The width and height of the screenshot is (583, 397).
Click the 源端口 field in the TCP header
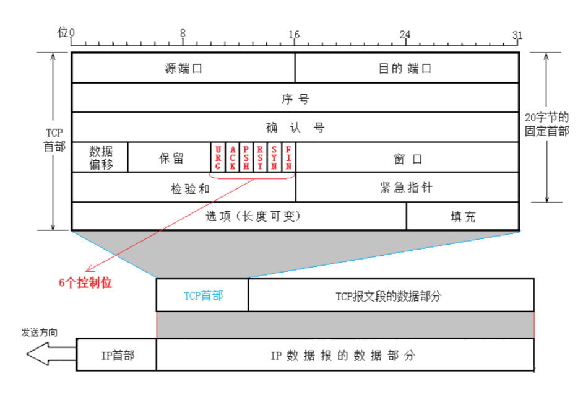[183, 68]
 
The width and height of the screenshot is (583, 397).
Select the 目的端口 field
[406, 68]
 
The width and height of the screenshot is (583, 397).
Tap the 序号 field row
[295, 98]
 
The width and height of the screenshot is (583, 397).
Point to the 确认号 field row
[295, 128]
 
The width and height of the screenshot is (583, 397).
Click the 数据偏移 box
[100, 157]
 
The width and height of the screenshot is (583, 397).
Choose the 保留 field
[170, 157]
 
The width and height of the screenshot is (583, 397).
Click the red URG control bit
[218, 157]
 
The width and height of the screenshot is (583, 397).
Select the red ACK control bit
[232, 157]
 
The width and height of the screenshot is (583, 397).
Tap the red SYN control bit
[274, 157]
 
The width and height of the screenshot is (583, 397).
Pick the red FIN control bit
[288, 157]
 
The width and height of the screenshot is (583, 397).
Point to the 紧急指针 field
[406, 187]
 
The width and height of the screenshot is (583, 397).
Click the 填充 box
[462, 217]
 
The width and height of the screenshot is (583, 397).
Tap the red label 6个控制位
[85, 282]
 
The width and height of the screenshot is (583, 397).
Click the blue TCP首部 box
[202, 295]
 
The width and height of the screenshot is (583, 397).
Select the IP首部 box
[118, 355]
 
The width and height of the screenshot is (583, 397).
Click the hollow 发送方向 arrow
[50, 355]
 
